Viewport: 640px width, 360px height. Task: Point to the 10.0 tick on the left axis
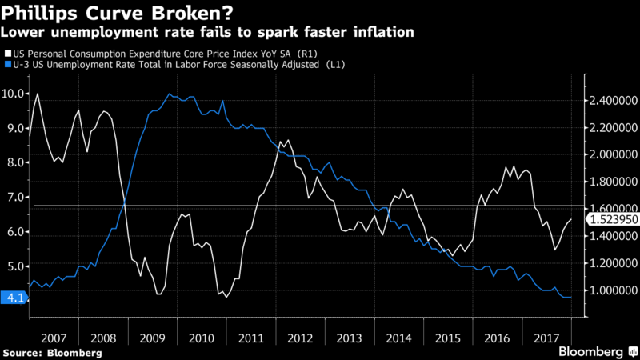[x=14, y=94]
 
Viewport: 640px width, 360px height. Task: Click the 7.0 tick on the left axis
[x=14, y=198]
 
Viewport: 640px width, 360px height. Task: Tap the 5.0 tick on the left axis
[x=14, y=266]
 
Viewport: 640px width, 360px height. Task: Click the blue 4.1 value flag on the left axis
[x=14, y=298]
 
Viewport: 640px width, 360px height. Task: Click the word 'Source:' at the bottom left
[x=25, y=351]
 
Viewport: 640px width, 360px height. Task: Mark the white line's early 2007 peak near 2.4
[x=38, y=94]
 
